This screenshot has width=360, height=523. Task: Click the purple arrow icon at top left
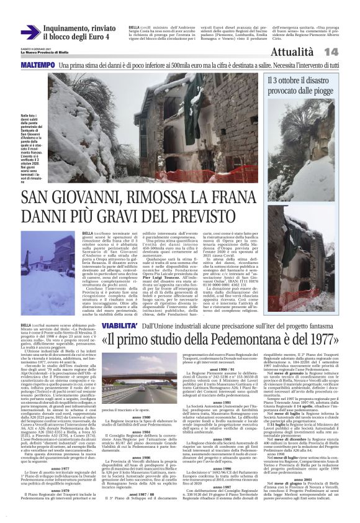tap(30, 32)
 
